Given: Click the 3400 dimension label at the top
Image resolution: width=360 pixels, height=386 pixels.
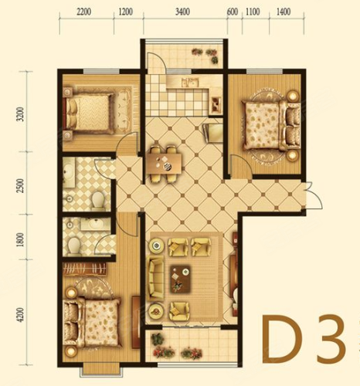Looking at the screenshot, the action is (x=182, y=12).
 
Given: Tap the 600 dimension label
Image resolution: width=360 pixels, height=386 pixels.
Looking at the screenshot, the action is (x=233, y=12).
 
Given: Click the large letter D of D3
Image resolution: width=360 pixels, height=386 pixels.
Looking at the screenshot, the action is (x=285, y=339).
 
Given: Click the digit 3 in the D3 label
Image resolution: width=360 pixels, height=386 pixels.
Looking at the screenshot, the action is (x=331, y=339).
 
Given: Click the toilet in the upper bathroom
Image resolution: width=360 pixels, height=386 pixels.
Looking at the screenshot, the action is (x=98, y=200).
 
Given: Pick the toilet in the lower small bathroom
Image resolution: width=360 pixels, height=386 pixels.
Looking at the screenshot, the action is (x=74, y=245).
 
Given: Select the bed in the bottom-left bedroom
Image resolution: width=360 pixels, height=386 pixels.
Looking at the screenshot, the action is (x=92, y=322).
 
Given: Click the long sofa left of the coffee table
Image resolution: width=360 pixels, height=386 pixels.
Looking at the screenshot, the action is (x=156, y=278).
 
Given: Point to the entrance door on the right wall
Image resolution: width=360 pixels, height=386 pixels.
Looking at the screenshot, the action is (x=314, y=195).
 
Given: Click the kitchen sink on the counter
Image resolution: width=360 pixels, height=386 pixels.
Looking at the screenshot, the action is (x=190, y=83).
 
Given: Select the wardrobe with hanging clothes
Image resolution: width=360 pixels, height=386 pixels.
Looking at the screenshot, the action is (x=84, y=269).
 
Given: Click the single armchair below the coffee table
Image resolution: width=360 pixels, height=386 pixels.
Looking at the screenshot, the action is (x=179, y=311).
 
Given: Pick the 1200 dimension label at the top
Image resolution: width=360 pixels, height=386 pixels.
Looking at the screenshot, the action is (x=126, y=12).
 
